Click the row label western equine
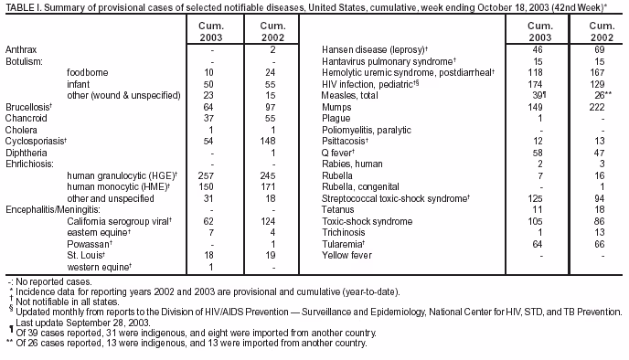(x=97, y=267)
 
